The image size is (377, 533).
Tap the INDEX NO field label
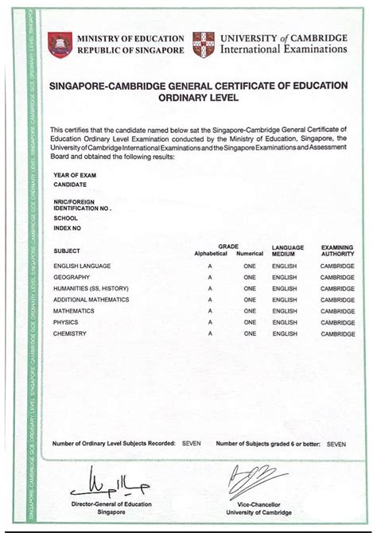point(66,227)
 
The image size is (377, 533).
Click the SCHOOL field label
point(65,216)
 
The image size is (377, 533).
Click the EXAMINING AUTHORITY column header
point(337,251)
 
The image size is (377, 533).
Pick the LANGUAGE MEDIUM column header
point(287,251)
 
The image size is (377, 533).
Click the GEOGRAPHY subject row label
point(71,277)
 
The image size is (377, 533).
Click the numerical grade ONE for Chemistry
point(250,333)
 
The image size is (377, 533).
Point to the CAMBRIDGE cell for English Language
point(337,265)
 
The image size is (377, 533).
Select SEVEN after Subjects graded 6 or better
point(336,442)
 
